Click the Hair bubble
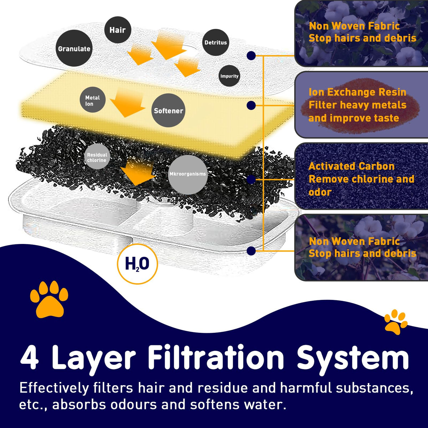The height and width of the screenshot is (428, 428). point(118,30)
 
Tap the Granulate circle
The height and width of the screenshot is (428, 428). point(74,48)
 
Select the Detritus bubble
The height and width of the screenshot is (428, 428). point(216,42)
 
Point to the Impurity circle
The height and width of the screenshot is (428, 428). point(229,76)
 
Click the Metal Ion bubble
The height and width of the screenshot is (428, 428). point(93,100)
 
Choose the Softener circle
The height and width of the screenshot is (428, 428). point(169,110)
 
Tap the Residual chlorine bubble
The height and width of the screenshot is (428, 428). point(97,156)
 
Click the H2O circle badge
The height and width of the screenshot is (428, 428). point(137,264)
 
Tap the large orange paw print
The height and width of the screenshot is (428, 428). point(49,299)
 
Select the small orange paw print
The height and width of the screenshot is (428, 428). point(396,322)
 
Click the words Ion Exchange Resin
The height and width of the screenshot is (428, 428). point(357,92)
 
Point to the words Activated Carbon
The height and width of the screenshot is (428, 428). point(351,166)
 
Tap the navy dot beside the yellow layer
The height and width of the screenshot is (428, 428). point(251,105)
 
